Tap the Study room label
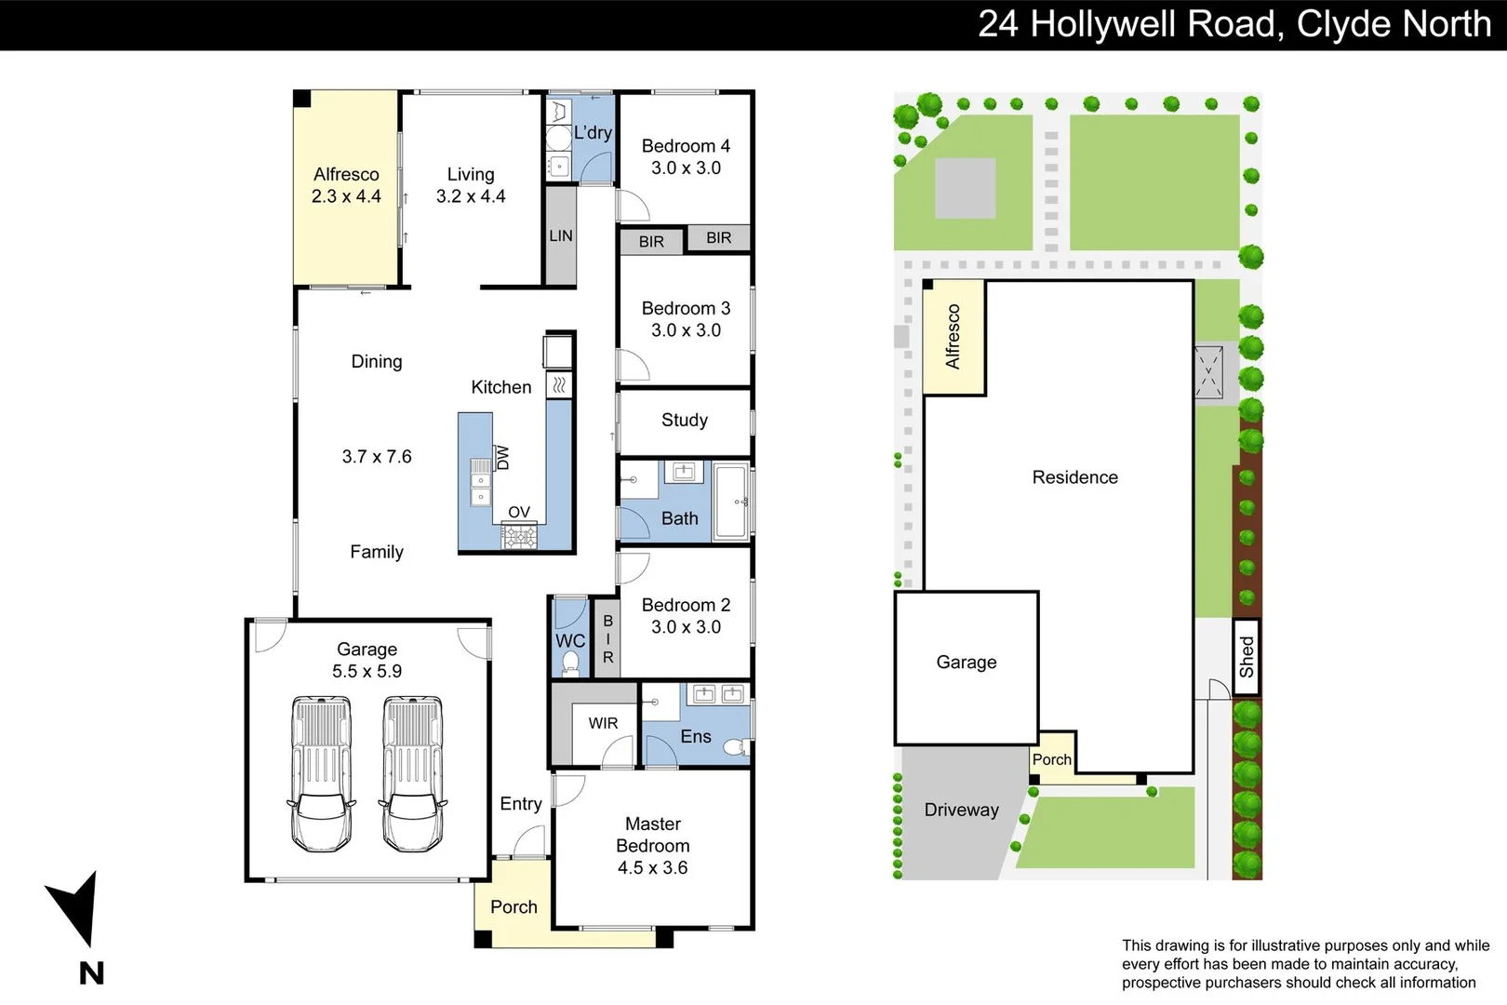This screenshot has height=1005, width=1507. [685, 420]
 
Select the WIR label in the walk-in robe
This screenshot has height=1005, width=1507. [603, 723]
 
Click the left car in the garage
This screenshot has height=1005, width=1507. [322, 773]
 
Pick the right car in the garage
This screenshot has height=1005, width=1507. [413, 773]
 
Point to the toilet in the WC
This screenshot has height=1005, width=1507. [570, 663]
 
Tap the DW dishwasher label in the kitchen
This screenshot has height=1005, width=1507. [502, 458]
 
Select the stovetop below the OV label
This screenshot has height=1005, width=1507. [519, 537]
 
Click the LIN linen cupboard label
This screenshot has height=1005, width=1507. [560, 235]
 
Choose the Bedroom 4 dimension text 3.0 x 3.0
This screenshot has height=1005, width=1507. [686, 167]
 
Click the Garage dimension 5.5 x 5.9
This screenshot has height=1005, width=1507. [367, 671]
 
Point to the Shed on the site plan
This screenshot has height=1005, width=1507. [1247, 657]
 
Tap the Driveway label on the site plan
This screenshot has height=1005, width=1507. [961, 810]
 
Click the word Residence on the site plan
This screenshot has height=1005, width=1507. [1075, 477]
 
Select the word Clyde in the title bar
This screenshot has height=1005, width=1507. [1338, 25]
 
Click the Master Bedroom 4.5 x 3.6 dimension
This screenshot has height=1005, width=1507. [653, 867]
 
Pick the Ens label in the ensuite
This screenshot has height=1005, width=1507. [696, 736]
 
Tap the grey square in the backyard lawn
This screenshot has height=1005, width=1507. [966, 188]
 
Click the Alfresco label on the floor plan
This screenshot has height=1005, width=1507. [346, 174]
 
